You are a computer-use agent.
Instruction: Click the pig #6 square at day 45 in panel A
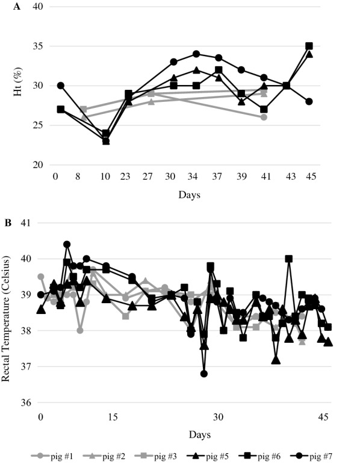[x=309, y=46]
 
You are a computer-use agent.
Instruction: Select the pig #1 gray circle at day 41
[x=264, y=117]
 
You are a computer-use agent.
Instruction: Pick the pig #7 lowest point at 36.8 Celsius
[x=204, y=374]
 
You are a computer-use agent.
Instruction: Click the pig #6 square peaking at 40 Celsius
[x=289, y=259]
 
